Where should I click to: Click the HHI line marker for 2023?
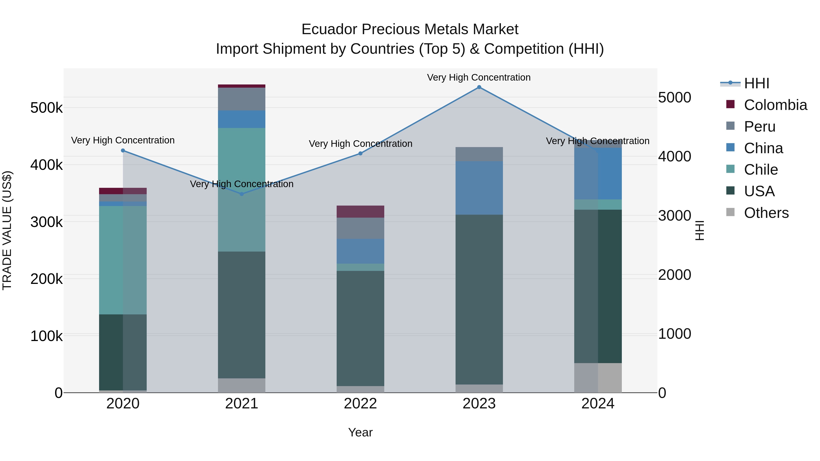[x=479, y=87]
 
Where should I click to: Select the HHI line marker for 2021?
[x=242, y=194]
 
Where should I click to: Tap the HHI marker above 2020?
[x=123, y=150]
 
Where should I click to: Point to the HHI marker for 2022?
[x=360, y=153]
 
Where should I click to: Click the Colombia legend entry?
[x=775, y=105]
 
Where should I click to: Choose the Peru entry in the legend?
[x=759, y=127]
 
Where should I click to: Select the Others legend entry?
[x=766, y=213]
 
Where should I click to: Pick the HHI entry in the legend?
[x=756, y=83]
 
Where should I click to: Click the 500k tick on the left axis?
[x=46, y=108]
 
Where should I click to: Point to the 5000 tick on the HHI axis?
[x=674, y=97]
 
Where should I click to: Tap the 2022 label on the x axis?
[x=360, y=404]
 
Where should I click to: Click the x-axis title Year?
[x=360, y=432]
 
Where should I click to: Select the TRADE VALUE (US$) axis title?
[x=7, y=230]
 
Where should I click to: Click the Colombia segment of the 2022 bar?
[x=360, y=211]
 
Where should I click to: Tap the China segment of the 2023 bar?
[x=479, y=188]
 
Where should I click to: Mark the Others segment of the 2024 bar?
[x=598, y=378]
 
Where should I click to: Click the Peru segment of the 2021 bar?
[x=242, y=99]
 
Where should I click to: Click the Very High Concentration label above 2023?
[x=479, y=78]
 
